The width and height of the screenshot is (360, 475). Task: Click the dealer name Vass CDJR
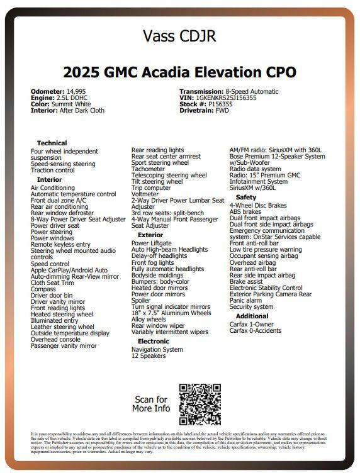[x=179, y=36]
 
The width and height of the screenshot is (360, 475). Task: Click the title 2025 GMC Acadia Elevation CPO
[x=179, y=71]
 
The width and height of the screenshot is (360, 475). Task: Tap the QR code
[x=200, y=404]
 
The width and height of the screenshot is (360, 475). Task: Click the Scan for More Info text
[x=151, y=404]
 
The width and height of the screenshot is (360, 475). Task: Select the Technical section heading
[x=52, y=143]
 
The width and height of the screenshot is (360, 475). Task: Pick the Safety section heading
[x=246, y=198]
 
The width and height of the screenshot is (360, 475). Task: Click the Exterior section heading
[x=150, y=235]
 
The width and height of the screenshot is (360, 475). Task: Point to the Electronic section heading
[x=154, y=342]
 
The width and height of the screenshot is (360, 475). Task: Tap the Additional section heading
[x=252, y=316]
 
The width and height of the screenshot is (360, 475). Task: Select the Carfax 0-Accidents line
[x=255, y=330]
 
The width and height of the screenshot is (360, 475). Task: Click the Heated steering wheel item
[x=62, y=314]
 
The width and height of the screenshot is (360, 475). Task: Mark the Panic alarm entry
[x=246, y=301]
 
